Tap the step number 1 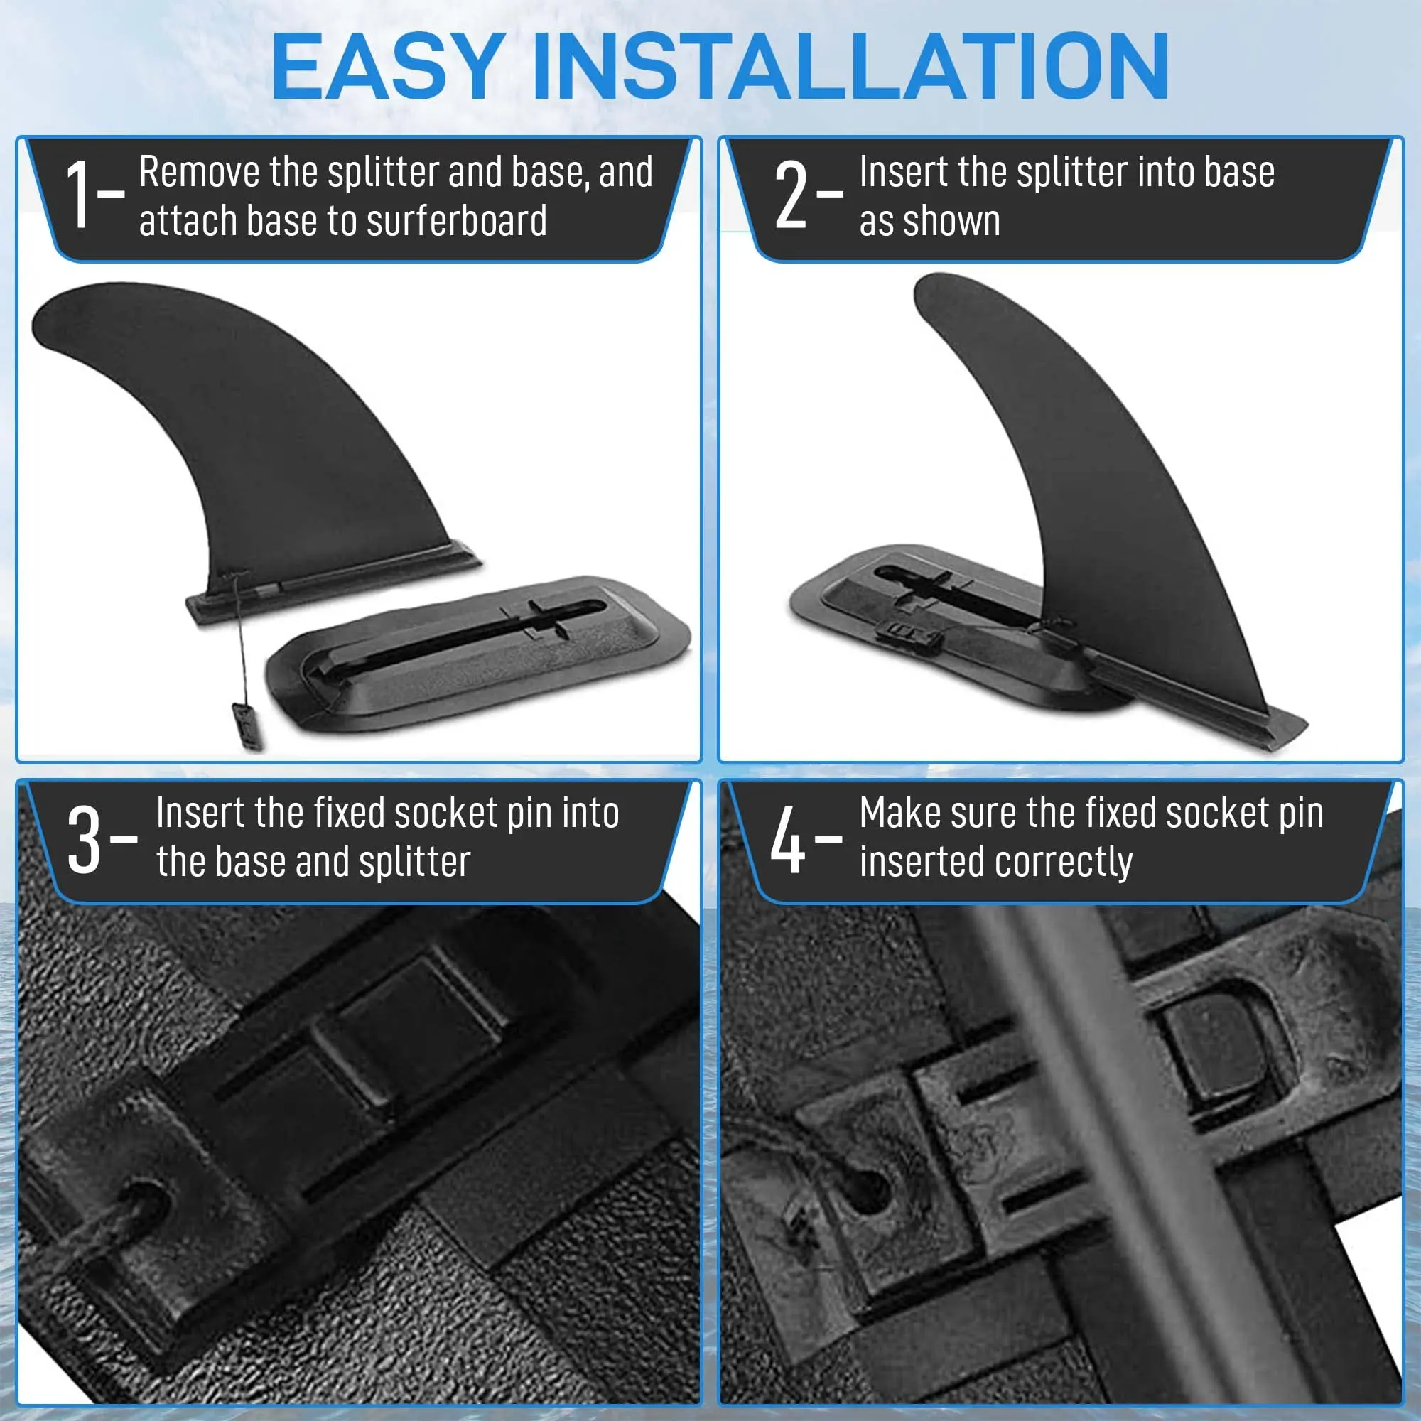pos(79,195)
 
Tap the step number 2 pos(791,195)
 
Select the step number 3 pos(83,839)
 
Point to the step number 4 pos(788,839)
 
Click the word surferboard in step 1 pos(457,221)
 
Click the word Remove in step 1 pos(200,172)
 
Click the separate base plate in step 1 pos(478,654)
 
